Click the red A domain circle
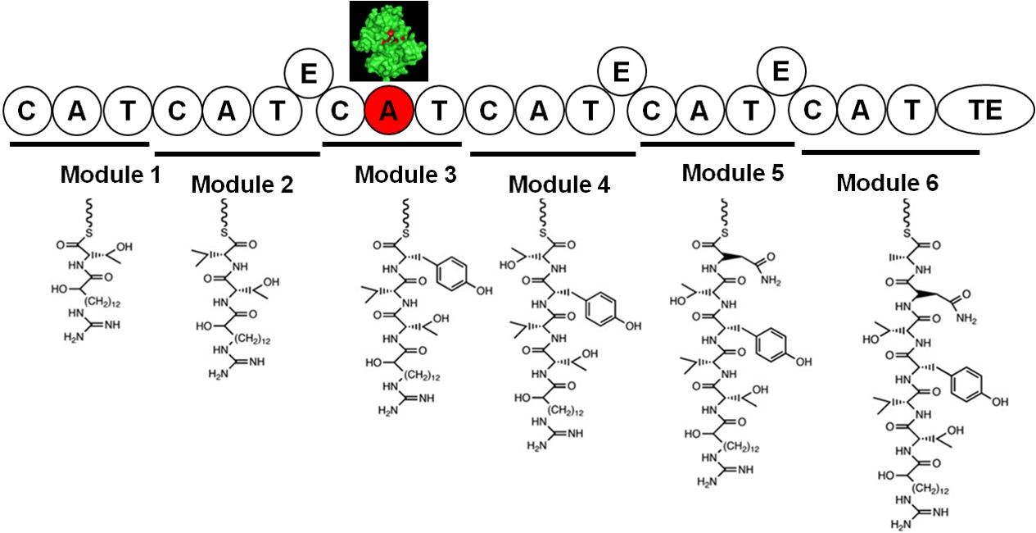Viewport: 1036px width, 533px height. pos(389,112)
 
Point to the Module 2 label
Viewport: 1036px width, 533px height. pos(242,185)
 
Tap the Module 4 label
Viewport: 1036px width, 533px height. pos(559,184)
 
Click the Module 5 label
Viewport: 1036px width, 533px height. pos(733,173)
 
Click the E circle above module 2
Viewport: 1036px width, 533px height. pos(309,74)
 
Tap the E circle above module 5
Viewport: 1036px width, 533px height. pos(780,72)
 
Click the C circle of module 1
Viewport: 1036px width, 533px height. pos(27,112)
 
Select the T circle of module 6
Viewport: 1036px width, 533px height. pos(913,112)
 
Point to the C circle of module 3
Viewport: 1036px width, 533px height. pos(340,112)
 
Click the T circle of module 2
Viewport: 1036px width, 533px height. pos(278,112)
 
